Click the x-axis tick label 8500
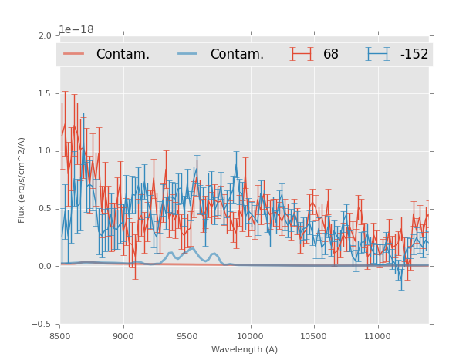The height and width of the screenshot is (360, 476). pos(59,336)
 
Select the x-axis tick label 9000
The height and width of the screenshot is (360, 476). pos(123,336)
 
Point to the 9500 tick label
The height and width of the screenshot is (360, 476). pos(187,336)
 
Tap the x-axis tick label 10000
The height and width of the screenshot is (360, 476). pos(250,336)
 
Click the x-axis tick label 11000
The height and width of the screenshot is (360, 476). pos(377,336)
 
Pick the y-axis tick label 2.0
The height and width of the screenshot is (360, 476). pos(44,35)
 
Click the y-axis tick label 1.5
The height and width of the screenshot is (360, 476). pos(44,93)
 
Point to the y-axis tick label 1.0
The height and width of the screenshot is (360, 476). pos(44,151)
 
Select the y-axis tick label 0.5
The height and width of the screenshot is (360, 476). pos(44,209)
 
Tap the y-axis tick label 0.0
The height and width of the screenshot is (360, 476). pos(44,267)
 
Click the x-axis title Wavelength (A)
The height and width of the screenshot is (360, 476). pos(245,349)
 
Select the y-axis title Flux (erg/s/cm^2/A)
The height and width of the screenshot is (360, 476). pos(22,180)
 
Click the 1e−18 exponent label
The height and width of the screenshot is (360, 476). pos(76,30)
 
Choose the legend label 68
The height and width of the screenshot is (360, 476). pos(331,54)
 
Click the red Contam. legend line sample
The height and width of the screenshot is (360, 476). pos(74,54)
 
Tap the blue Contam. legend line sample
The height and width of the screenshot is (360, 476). pos(188,54)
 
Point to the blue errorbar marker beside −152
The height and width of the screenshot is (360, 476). pos(377,54)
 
